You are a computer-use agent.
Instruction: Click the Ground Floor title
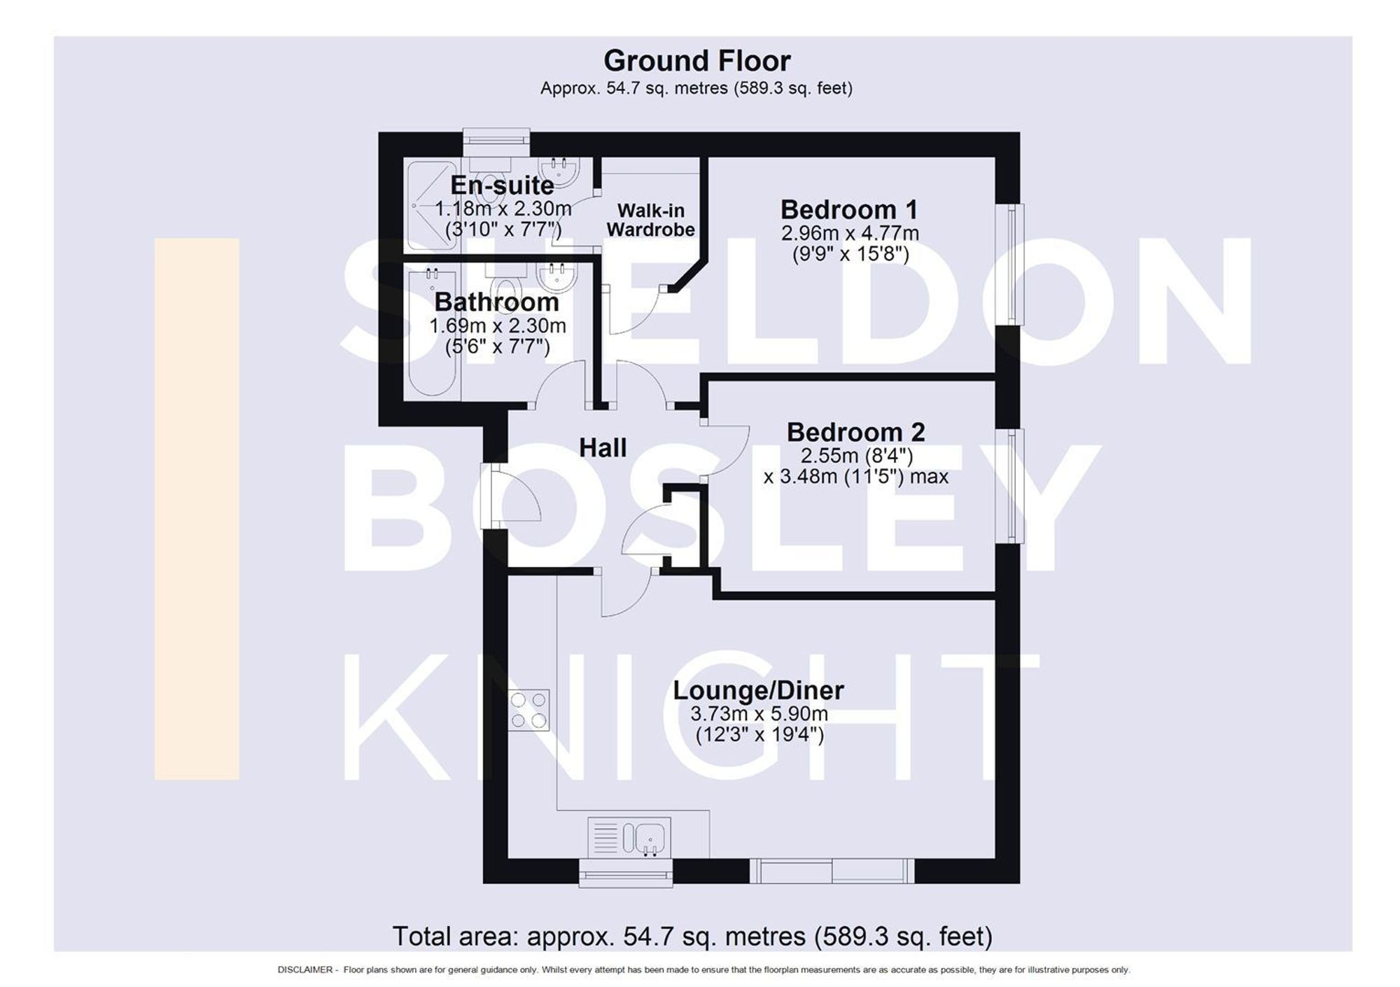[696, 62]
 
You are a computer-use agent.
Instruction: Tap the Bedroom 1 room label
[848, 209]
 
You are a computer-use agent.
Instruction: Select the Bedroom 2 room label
[855, 432]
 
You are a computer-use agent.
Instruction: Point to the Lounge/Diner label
[758, 690]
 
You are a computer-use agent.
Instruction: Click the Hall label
[603, 448]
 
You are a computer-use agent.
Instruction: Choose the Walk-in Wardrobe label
[650, 220]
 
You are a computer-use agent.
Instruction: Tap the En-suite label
[502, 185]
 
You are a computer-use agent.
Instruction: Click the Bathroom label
[496, 302]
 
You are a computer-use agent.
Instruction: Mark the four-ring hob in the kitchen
[528, 710]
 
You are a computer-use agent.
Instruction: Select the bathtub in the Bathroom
[433, 332]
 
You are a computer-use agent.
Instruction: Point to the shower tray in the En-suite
[431, 206]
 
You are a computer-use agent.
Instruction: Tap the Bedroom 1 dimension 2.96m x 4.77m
[850, 233]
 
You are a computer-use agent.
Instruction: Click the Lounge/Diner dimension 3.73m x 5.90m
[759, 714]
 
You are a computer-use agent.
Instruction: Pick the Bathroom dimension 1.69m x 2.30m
[497, 326]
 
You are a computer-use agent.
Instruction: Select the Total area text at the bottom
[692, 936]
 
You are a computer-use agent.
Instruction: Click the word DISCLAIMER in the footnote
[304, 970]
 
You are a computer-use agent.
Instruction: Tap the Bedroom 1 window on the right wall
[1010, 264]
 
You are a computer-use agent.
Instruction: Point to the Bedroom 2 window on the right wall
[1010, 485]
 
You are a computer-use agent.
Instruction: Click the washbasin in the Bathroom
[556, 277]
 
